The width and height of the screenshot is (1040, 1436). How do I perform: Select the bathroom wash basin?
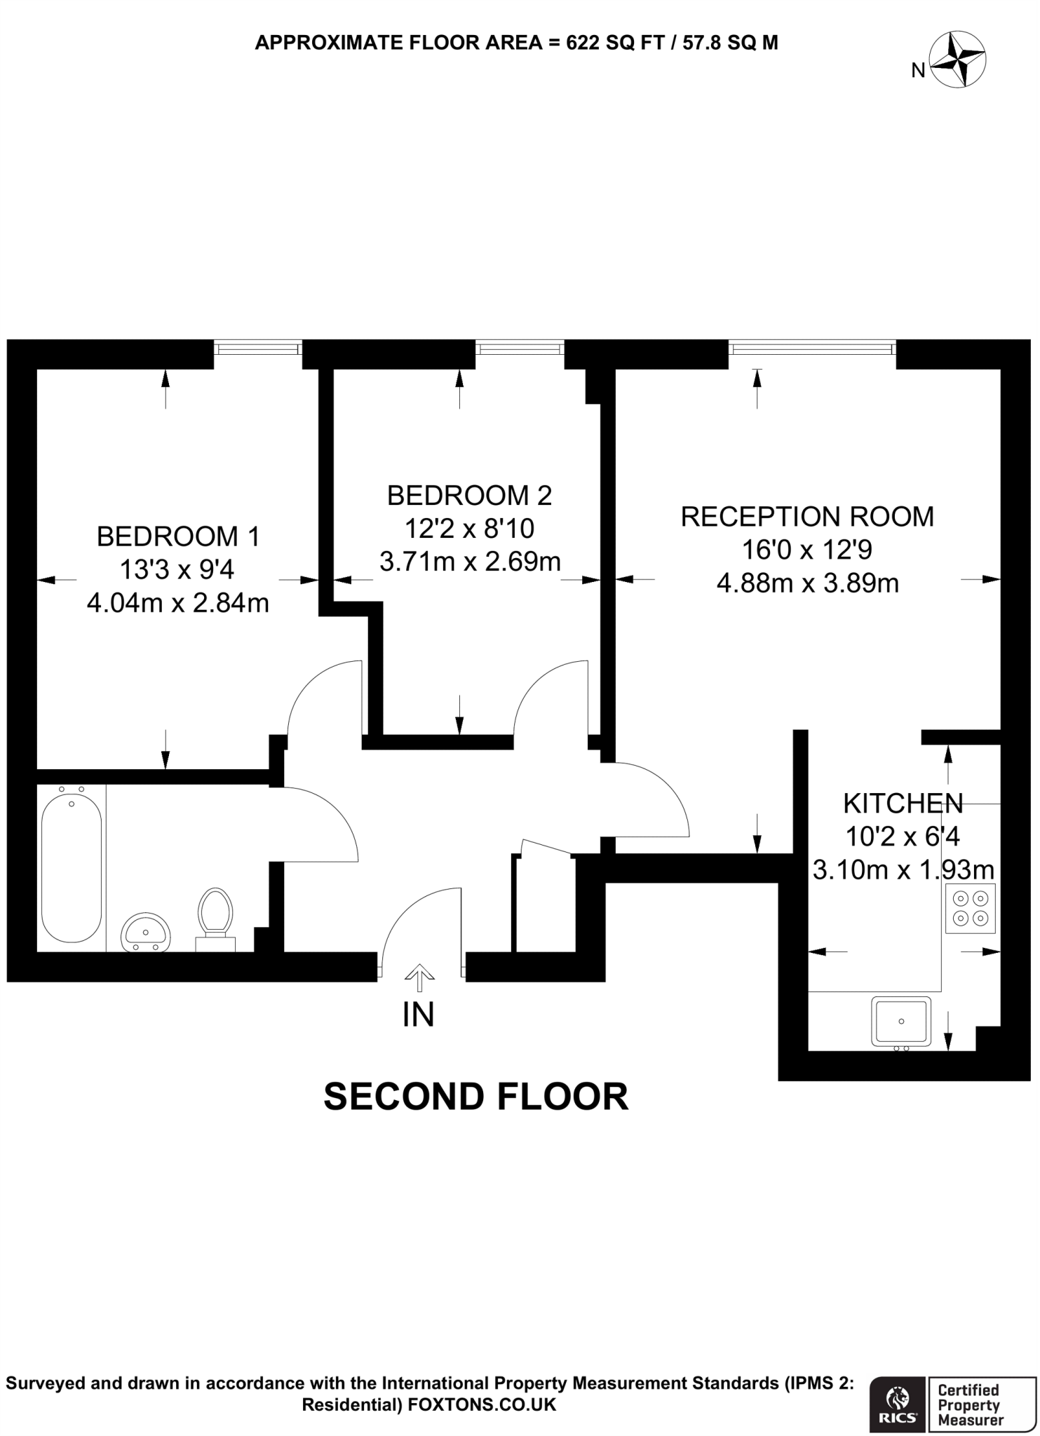146,933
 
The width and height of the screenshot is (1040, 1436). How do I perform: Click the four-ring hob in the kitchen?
970,908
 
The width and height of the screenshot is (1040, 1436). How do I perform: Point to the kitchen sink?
901,1020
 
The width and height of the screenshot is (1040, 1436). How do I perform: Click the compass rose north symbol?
957,60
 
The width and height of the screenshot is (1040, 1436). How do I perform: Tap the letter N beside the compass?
918,70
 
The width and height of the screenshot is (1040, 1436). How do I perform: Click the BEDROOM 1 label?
178,536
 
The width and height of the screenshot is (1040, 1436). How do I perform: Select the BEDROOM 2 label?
469,496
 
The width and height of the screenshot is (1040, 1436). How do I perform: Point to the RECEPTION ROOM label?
807,517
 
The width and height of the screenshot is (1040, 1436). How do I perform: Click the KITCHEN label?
903,804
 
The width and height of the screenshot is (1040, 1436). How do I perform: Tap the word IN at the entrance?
419,1015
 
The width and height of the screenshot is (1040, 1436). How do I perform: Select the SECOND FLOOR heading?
475,1097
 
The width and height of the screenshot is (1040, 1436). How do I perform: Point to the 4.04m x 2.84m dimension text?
178,603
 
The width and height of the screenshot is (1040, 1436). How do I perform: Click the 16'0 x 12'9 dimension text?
807,550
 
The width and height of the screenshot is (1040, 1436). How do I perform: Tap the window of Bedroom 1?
258,347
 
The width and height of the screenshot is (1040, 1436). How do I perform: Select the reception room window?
812,347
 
